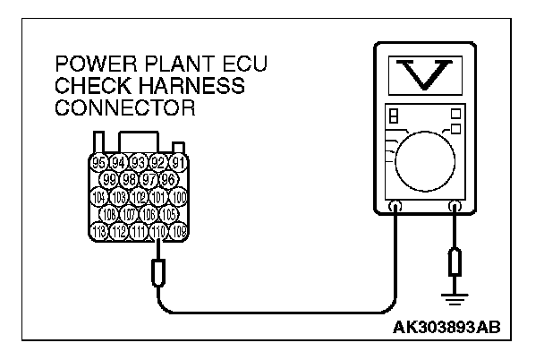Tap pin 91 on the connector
[x=178, y=162]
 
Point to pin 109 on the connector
[x=179, y=232]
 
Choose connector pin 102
[x=139, y=197]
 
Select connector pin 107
[x=129, y=215]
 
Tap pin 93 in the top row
[x=139, y=162]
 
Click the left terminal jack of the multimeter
[x=396, y=207]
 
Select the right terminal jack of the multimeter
[x=455, y=207]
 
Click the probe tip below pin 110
[x=158, y=269]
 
